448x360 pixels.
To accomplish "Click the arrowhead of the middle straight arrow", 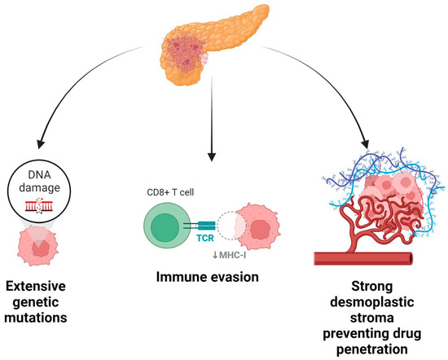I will point(212,153).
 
